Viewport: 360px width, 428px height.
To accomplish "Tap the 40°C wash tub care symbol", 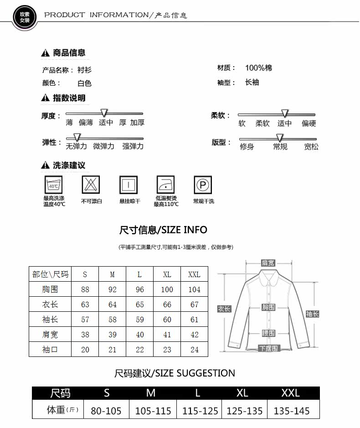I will tap(53, 185).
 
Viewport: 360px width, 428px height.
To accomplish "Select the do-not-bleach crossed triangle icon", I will tap(91, 185).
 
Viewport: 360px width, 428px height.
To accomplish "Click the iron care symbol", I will tap(165, 185).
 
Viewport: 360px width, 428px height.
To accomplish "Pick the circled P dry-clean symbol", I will tap(203, 185).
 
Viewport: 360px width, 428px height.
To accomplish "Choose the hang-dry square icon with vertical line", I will tap(129, 185).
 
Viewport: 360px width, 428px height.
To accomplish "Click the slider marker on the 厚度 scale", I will tap(104, 113).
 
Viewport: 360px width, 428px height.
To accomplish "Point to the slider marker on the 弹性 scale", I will tap(77, 137).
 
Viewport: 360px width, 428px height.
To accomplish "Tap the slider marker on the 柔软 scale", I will tap(285, 113).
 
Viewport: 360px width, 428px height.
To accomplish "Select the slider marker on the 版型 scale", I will tap(280, 137).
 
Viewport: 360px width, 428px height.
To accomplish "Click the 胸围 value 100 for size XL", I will tap(167, 289).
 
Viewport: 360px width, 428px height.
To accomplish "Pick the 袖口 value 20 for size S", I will tap(85, 350).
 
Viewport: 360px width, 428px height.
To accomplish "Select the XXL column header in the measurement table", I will tap(194, 274).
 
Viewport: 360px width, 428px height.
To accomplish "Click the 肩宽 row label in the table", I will tap(50, 335).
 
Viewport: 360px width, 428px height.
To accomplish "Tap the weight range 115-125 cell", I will tap(200, 411).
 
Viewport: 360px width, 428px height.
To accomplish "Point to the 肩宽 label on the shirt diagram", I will tap(268, 263).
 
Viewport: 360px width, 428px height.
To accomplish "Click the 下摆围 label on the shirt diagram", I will tap(269, 348).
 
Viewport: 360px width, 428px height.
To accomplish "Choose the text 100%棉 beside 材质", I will tap(258, 68).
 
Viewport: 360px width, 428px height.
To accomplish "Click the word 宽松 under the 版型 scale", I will tap(311, 147).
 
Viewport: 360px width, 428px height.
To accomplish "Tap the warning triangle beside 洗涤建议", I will tap(45, 165).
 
